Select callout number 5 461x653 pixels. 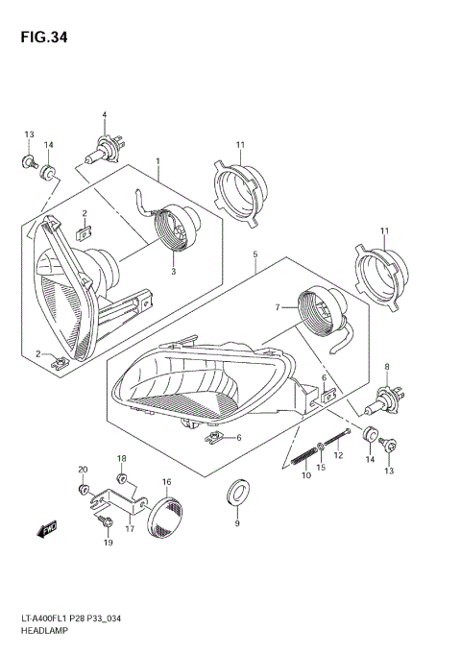(255, 254)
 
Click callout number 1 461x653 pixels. (158, 161)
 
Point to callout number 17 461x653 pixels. (130, 526)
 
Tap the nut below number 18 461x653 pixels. (122, 478)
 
